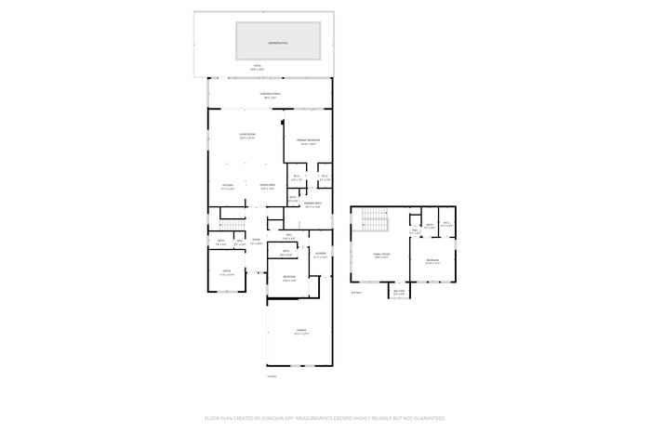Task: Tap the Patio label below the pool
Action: [x=258, y=66]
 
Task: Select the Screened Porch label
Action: [x=270, y=95]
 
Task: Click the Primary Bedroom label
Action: [x=308, y=141]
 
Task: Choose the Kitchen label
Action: [x=227, y=186]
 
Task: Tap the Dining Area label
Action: [x=267, y=186]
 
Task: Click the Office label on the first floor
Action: [x=226, y=272]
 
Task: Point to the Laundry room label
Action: [x=320, y=254]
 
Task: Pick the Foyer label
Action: [x=256, y=240]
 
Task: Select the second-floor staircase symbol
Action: [x=373, y=221]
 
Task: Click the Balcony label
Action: [x=399, y=293]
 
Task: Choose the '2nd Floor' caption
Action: [x=356, y=291]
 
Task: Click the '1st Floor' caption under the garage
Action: [x=272, y=376]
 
